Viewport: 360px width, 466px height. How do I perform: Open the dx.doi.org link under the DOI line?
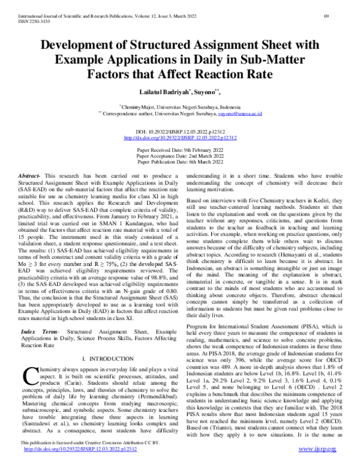[x=180, y=137]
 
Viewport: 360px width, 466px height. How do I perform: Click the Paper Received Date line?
[x=180, y=148]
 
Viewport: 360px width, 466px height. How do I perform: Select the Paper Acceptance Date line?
[x=180, y=155]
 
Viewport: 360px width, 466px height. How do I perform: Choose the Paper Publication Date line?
[x=180, y=162]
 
